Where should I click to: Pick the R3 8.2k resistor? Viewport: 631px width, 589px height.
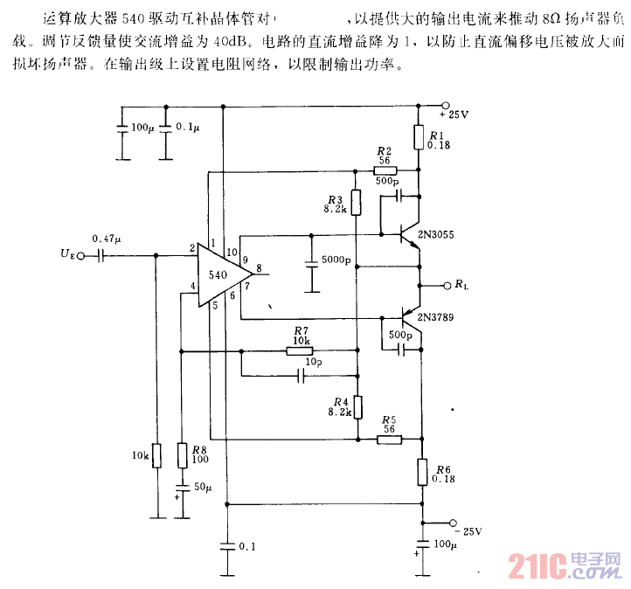click(x=356, y=203)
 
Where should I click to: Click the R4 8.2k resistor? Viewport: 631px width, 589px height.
click(x=357, y=406)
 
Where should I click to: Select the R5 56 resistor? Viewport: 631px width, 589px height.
click(x=390, y=440)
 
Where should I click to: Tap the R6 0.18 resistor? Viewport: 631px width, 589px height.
click(x=420, y=472)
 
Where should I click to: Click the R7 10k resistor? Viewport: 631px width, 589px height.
click(x=299, y=351)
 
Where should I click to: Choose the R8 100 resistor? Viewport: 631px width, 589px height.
click(x=181, y=455)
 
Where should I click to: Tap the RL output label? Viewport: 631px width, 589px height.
click(x=461, y=285)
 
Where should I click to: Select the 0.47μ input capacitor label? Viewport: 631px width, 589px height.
click(x=107, y=238)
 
